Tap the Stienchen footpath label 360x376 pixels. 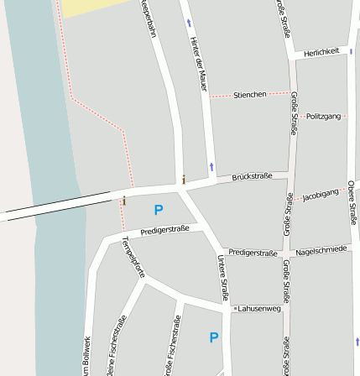pyautogui.click(x=249, y=94)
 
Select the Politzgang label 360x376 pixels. pyautogui.click(x=324, y=116)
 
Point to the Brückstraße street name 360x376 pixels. pyautogui.click(x=252, y=176)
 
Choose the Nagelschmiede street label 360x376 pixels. pyautogui.click(x=321, y=249)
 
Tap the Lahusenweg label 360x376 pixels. pyautogui.click(x=258, y=308)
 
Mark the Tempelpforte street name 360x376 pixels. pyautogui.click(x=133, y=257)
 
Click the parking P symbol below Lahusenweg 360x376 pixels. pyautogui.click(x=213, y=337)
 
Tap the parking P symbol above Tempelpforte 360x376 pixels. pyautogui.click(x=158, y=210)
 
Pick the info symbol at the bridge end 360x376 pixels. pyautogui.click(x=123, y=201)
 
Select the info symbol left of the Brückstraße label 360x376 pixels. pyautogui.click(x=184, y=179)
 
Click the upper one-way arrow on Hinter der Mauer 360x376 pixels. pyautogui.click(x=189, y=23)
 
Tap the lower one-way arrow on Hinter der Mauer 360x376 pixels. pyautogui.click(x=211, y=166)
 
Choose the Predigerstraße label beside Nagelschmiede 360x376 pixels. pyautogui.click(x=253, y=252)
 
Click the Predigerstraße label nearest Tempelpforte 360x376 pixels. pyautogui.click(x=164, y=228)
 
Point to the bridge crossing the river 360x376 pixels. pyautogui.click(x=59, y=206)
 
